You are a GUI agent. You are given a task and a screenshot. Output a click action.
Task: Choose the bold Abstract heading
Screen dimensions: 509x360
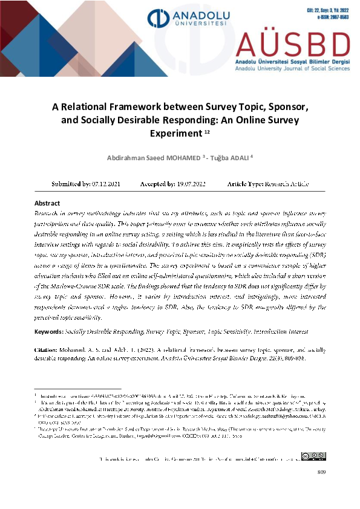tap(47, 204)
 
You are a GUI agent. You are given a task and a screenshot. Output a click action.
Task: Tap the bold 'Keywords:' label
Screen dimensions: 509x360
tap(50, 332)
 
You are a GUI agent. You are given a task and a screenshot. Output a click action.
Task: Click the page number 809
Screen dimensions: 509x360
tap(321, 472)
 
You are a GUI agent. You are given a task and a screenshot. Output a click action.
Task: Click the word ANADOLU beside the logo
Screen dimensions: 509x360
tap(195, 14)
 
